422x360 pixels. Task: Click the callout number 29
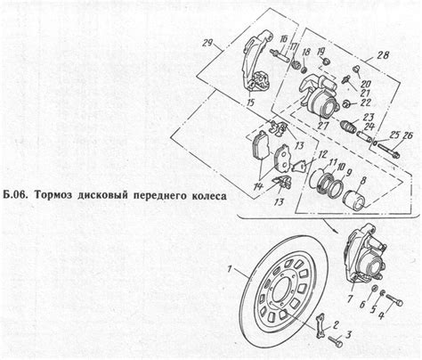coord(207,45)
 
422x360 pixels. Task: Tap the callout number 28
coord(384,56)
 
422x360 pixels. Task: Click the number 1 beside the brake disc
coord(230,268)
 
